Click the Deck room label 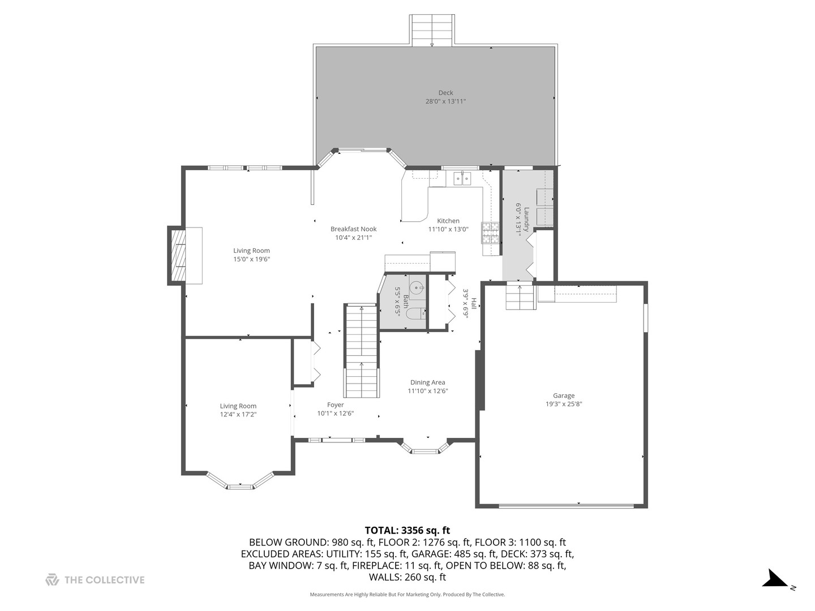tap(445, 93)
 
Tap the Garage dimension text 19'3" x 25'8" tap(563, 404)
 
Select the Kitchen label tap(448, 221)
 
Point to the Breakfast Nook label tap(353, 229)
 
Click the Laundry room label tap(526, 218)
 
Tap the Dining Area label tap(427, 382)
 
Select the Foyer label tap(335, 405)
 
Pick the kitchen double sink tap(462, 179)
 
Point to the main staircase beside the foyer tap(361, 351)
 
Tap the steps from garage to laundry tap(520, 297)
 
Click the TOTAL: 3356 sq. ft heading tap(407, 531)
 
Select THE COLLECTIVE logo tap(95, 580)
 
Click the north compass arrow tap(774, 579)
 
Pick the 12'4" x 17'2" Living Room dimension tap(238, 414)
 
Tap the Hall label tap(474, 304)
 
